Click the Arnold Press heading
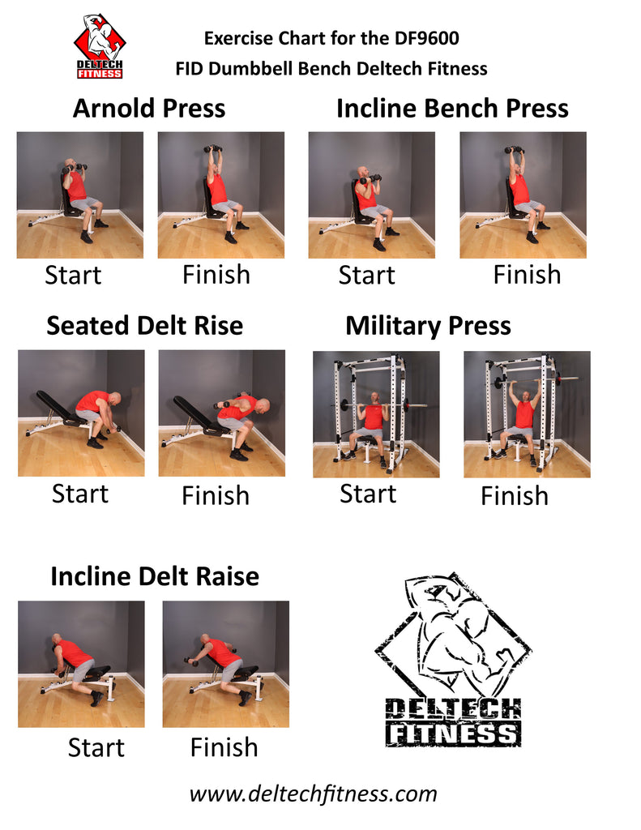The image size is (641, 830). [149, 109]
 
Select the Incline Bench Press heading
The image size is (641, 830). [452, 109]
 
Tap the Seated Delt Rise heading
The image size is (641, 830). [144, 326]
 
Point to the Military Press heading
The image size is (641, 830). [428, 326]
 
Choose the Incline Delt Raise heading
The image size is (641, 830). [155, 576]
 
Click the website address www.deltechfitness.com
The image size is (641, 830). [313, 794]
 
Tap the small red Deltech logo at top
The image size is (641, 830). [100, 46]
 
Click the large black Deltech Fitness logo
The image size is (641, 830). [452, 661]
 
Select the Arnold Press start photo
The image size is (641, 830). [80, 195]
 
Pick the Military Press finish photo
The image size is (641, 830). [527, 414]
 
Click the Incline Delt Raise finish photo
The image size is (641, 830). [226, 664]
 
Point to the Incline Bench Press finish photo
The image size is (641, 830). [523, 195]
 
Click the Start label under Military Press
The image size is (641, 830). [368, 494]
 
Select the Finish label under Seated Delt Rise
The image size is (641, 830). [216, 495]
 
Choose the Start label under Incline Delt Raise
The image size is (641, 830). [96, 747]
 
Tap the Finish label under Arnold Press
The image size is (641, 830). [216, 275]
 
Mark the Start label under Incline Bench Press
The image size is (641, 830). [367, 275]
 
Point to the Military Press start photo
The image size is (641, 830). [376, 414]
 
